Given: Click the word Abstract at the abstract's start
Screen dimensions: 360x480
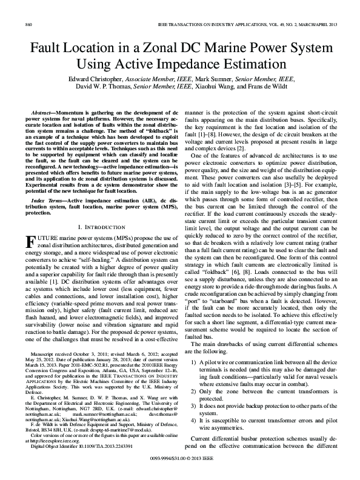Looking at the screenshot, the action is click(47, 113).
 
